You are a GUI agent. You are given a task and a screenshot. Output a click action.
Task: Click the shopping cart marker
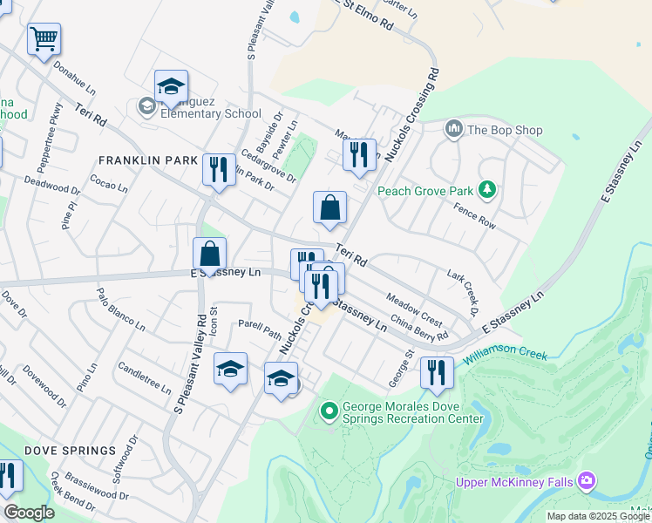coord(44,40)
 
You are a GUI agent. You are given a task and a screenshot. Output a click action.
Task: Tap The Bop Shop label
coord(505,131)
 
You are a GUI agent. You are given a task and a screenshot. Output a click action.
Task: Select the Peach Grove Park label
coord(424,191)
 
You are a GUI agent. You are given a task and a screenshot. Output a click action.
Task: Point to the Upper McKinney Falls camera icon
coord(587,479)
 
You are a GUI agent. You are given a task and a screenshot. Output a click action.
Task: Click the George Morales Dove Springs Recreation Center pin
coord(329,410)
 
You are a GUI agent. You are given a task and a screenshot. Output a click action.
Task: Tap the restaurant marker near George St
coord(436,372)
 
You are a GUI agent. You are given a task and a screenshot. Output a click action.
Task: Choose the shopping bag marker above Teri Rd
coord(329,208)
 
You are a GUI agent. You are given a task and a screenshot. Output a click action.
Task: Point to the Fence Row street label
coord(474,215)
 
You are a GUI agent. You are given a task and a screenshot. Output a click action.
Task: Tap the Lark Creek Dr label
coord(464,292)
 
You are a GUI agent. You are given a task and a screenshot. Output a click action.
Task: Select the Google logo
coord(29,513)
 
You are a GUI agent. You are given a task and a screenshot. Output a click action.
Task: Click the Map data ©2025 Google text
coord(598,516)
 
